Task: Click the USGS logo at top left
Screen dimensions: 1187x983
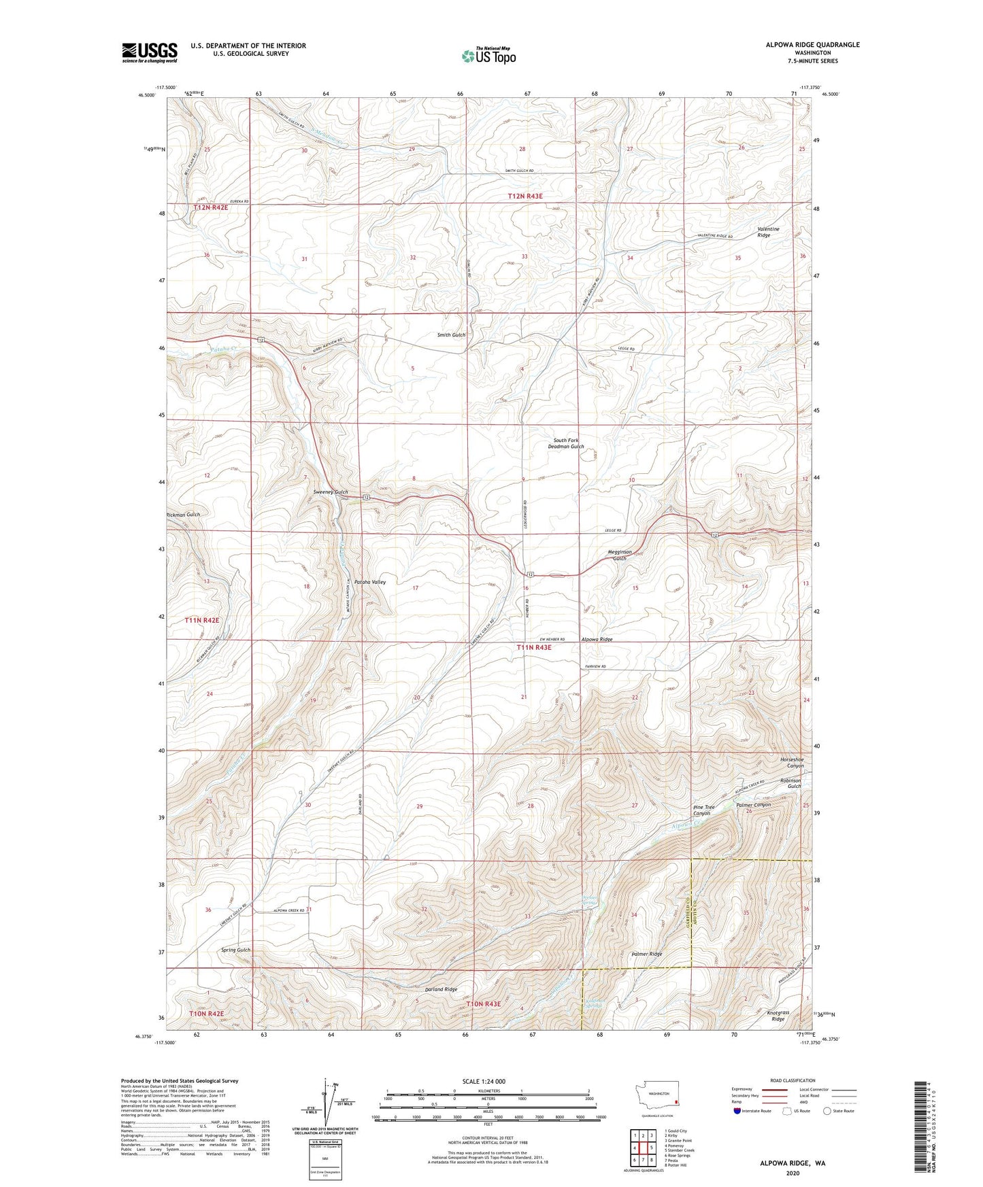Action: pyautogui.click(x=150, y=52)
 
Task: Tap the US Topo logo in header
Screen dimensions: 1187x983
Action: pyautogui.click(x=488, y=56)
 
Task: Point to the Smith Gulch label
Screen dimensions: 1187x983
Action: pyautogui.click(x=451, y=335)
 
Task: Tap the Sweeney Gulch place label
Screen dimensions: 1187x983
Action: pyautogui.click(x=331, y=492)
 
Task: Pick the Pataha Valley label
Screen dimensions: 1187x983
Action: pyautogui.click(x=369, y=582)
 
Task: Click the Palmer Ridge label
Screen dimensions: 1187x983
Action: pyautogui.click(x=646, y=954)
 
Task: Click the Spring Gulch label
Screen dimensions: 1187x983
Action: pyautogui.click(x=236, y=950)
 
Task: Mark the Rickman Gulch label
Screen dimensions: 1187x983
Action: pyautogui.click(x=183, y=515)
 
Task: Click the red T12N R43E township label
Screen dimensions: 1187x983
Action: pyautogui.click(x=535, y=196)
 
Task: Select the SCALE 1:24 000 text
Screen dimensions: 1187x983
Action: pyautogui.click(x=484, y=1081)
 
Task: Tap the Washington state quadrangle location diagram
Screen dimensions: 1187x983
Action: pyautogui.click(x=656, y=1096)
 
